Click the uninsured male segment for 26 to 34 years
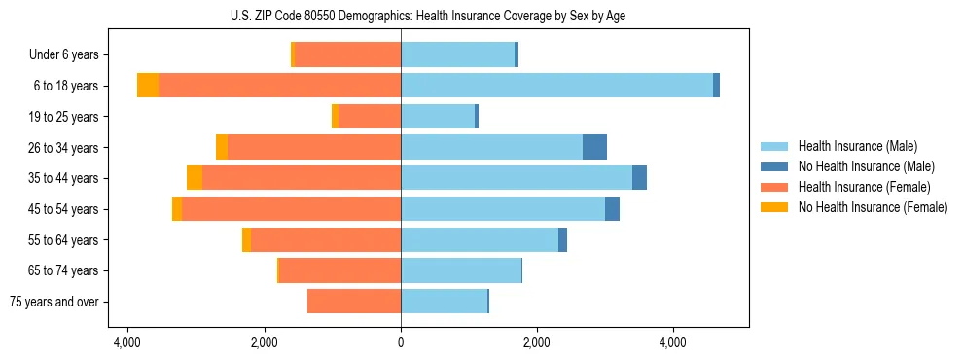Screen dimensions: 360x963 coord(594,147)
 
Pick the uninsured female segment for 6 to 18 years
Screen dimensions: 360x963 coord(148,86)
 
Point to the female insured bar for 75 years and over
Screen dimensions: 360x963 coord(354,302)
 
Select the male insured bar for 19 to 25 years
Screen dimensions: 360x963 coord(438,117)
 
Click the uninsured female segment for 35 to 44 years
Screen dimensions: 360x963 coord(195,178)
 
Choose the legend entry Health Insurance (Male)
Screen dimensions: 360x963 coord(857,147)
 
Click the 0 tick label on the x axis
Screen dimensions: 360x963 coord(401,343)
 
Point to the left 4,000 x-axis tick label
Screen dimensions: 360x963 coord(127,343)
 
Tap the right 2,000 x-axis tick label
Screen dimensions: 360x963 coord(537,343)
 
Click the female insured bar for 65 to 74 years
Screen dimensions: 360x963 coord(339,270)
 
